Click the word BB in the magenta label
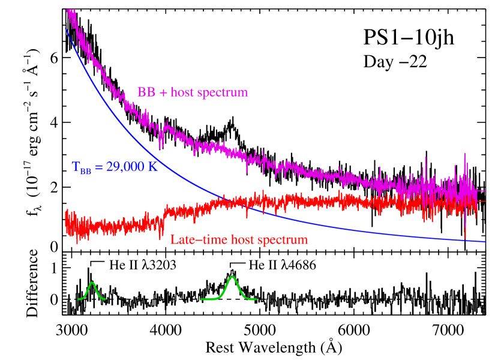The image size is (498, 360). pyautogui.click(x=146, y=92)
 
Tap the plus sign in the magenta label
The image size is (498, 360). pyautogui.click(x=163, y=93)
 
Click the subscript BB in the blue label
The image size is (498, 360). pyautogui.click(x=86, y=171)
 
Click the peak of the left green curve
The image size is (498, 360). pyautogui.click(x=92, y=283)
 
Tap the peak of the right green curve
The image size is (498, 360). pyautogui.click(x=232, y=276)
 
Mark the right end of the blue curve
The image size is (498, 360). pyautogui.click(x=485, y=241)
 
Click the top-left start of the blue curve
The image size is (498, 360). pyautogui.click(x=66, y=28)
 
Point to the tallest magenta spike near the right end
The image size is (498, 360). pyautogui.click(x=465, y=154)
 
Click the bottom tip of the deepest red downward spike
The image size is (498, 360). pyautogui.click(x=466, y=238)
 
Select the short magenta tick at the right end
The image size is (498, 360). pyautogui.click(x=481, y=191)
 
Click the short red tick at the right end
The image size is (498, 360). pyautogui.click(x=481, y=202)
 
